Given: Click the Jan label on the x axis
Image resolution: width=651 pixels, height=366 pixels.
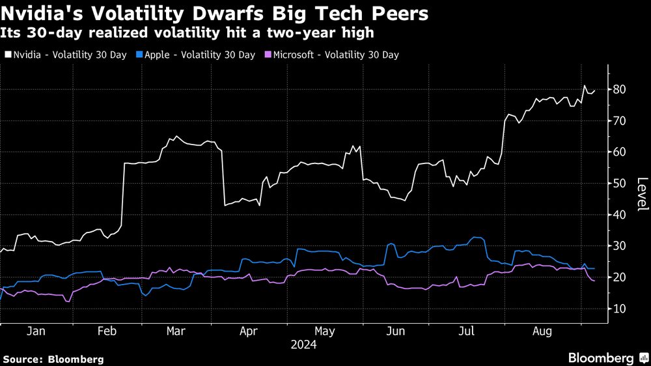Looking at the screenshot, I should pos(36,331).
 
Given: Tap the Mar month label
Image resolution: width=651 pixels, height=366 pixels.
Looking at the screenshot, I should pos(176,331).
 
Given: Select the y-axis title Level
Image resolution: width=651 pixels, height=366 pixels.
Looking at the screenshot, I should pos(642,194).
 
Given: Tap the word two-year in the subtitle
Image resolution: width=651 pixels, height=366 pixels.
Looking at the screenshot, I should pos(297,31).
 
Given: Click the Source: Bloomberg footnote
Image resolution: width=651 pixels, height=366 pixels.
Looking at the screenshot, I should pos(53,359).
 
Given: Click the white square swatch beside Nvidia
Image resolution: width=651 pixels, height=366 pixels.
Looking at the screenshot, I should pos(7,55).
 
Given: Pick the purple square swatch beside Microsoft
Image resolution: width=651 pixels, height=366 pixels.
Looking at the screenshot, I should pos(268,55).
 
